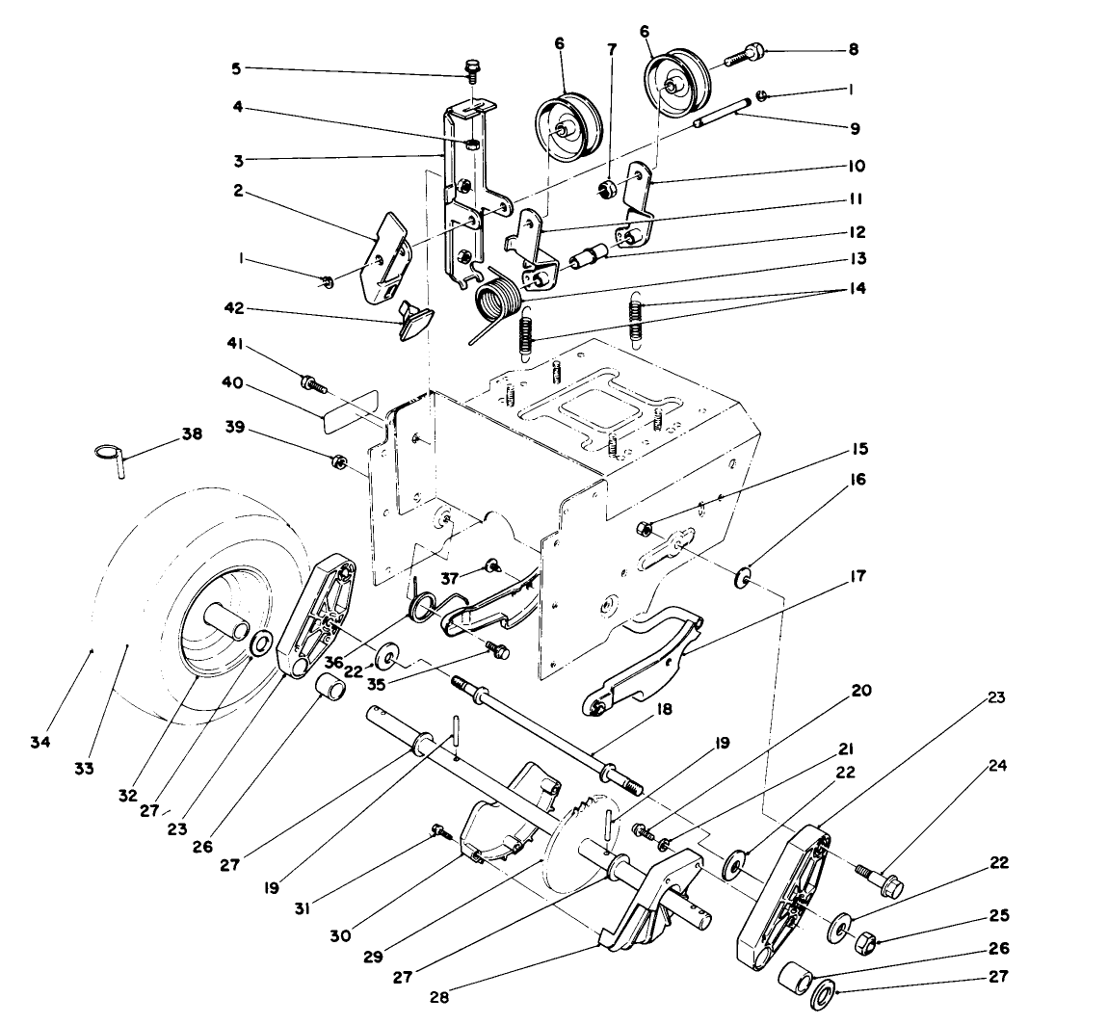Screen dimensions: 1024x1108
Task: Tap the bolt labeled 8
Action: [x=738, y=55]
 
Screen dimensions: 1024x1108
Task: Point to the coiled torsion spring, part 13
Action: [x=498, y=295]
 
